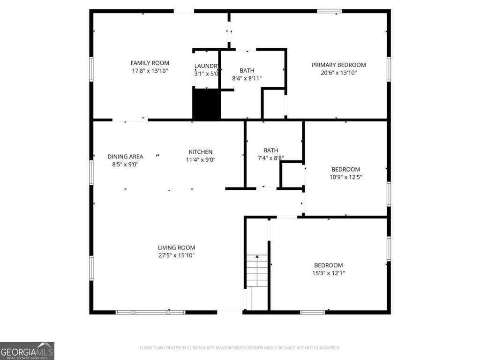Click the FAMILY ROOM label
pos(150,63)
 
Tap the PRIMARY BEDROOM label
pos(338,65)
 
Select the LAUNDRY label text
pos(207,66)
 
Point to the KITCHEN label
pos(201,152)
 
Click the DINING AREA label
pos(125,157)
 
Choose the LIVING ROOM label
pos(176,247)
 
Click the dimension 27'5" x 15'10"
pos(176,255)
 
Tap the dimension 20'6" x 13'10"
pos(338,73)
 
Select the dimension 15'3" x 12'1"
pos(329,273)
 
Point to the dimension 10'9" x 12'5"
pos(345,177)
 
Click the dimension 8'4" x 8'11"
pos(247,78)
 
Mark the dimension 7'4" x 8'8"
pos(270,158)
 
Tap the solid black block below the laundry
pos(206,104)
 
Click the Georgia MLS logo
pos(27,351)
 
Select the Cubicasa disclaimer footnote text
pos(240,348)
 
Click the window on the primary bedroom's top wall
pos(330,11)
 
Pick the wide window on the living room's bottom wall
pos(150,312)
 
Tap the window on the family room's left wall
pos(91,69)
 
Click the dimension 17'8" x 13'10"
pos(150,71)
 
